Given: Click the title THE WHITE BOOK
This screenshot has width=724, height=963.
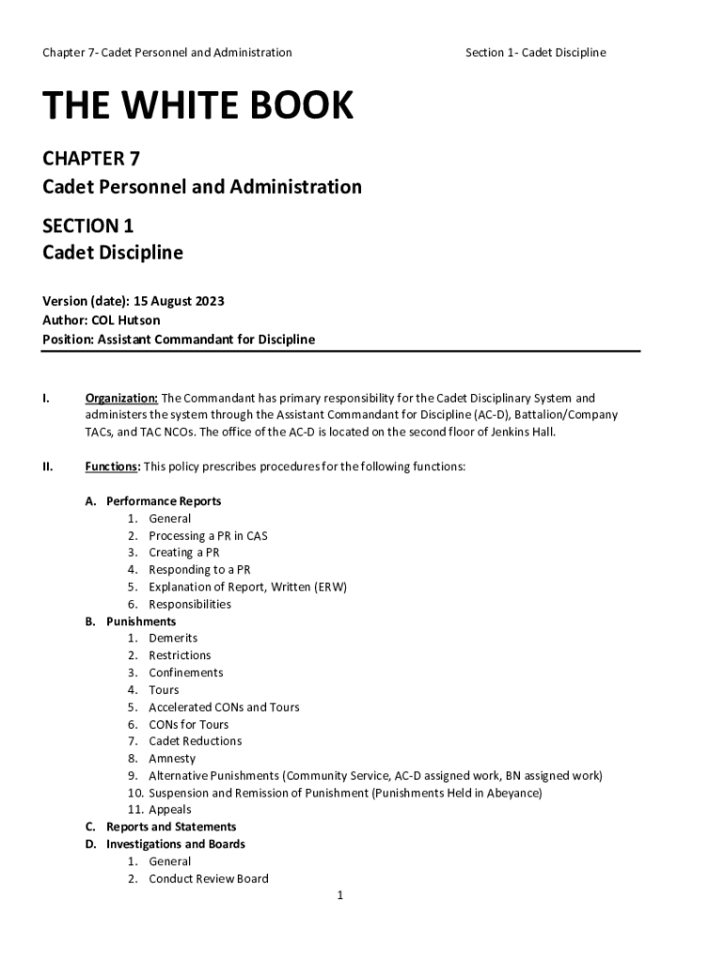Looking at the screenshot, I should tap(197, 107).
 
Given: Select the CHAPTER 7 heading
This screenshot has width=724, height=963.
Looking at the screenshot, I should tap(91, 158).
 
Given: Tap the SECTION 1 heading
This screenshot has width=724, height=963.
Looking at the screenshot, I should tap(87, 226).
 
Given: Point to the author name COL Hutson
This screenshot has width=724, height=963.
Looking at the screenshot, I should tap(133, 321).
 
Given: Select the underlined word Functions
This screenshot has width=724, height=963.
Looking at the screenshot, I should tap(113, 466).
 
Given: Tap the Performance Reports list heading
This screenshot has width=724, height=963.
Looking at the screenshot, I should tap(164, 501).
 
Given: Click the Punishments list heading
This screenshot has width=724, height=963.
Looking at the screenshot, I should tap(141, 622).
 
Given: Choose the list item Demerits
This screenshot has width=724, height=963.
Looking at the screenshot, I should tap(173, 639).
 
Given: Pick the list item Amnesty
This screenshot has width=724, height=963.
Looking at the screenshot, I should tap(172, 758).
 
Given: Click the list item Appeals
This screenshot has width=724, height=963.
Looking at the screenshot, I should tap(169, 810).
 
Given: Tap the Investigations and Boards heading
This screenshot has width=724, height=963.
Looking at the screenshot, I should tap(176, 845).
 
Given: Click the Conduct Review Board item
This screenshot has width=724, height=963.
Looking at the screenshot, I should tap(209, 878).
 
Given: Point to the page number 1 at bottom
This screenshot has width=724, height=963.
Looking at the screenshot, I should tap(340, 895).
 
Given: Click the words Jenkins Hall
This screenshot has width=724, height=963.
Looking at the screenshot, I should tap(523, 433).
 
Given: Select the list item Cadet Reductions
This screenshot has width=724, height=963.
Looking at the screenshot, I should tap(195, 741).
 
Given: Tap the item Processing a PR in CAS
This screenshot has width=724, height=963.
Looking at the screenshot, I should tap(208, 536).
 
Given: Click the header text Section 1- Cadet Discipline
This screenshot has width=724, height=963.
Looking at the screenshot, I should tap(535, 53).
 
